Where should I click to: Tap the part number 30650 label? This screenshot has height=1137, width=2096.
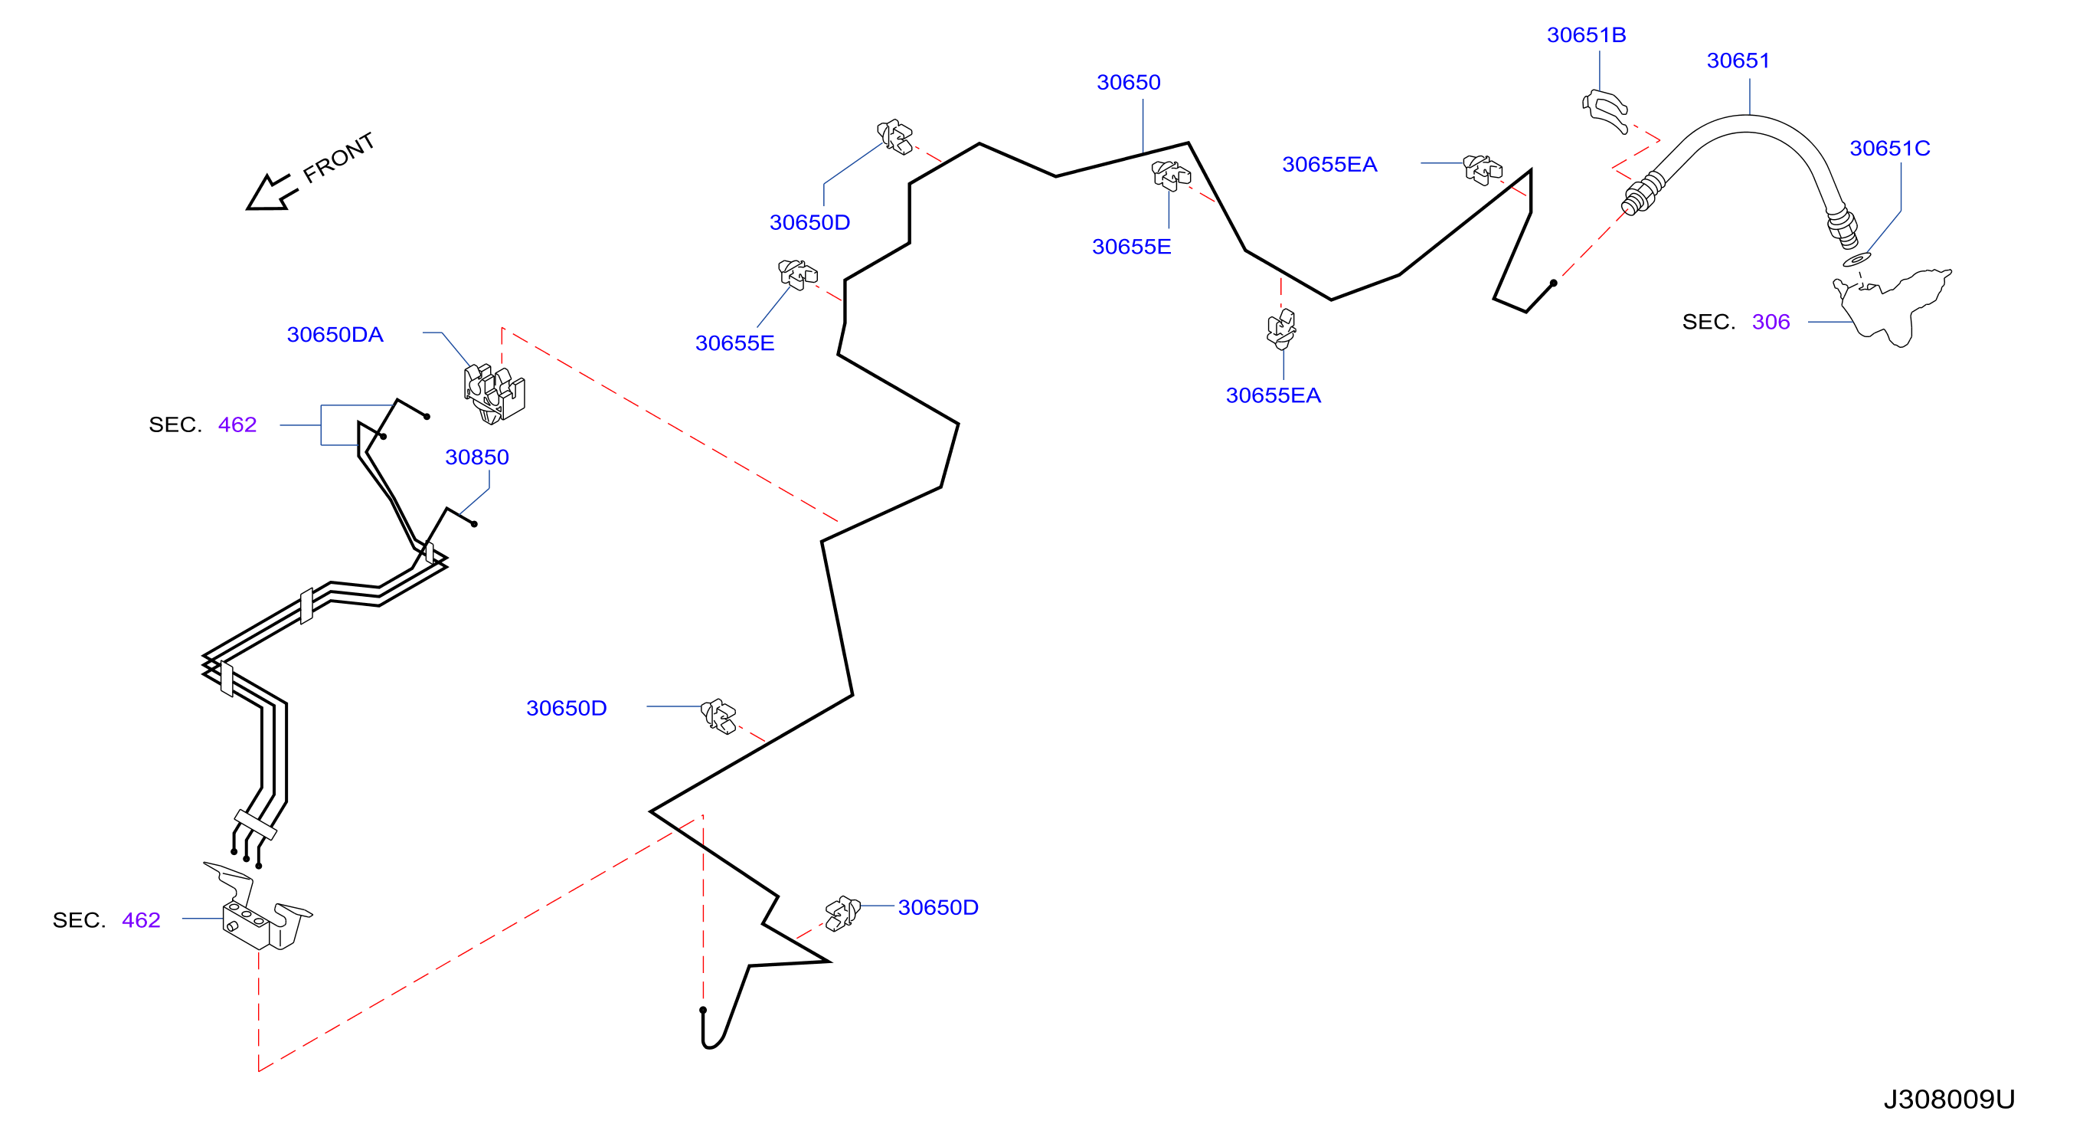click(x=1129, y=82)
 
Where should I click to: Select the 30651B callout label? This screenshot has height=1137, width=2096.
click(x=1586, y=35)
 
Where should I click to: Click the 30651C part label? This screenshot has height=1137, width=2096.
click(x=1889, y=148)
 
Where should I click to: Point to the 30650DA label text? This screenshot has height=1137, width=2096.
click(x=335, y=335)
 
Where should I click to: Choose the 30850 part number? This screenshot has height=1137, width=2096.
click(x=477, y=457)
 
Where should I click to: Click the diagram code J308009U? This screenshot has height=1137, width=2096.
click(x=1949, y=1099)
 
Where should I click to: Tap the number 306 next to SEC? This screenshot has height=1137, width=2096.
click(x=1771, y=322)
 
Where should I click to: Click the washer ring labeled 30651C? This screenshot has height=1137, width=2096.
click(x=1857, y=260)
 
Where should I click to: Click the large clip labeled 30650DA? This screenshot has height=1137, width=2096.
click(x=494, y=394)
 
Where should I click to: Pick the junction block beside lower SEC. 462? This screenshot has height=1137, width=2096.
click(x=256, y=909)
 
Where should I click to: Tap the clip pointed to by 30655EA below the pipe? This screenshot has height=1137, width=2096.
click(x=1281, y=329)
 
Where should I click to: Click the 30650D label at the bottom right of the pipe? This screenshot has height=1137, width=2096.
click(x=938, y=907)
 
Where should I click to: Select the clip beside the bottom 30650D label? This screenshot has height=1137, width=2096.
click(x=843, y=913)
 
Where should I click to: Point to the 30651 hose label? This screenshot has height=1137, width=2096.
click(x=1738, y=61)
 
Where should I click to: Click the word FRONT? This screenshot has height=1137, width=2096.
click(x=338, y=157)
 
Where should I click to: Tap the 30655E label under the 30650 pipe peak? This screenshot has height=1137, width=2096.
click(x=1131, y=247)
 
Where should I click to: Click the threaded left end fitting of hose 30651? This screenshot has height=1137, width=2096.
click(x=1643, y=194)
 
